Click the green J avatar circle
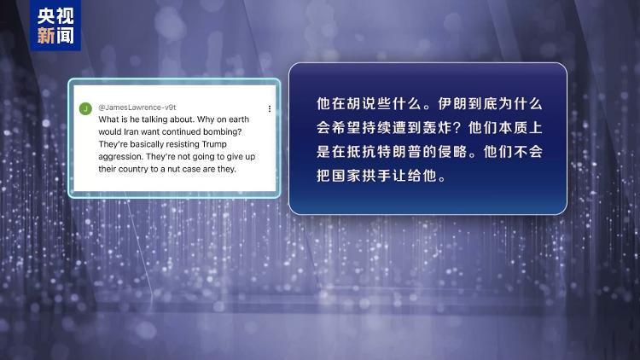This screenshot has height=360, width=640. (85, 108)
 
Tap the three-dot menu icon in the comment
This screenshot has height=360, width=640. (270, 108)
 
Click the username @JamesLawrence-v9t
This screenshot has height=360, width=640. (137, 107)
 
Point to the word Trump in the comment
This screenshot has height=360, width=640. (214, 144)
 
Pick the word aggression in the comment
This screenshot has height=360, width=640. (121, 157)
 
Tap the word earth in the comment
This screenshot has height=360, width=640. (238, 119)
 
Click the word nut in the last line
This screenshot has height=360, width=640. (173, 169)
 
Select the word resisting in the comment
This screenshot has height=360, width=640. (183, 144)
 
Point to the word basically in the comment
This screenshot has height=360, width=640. (147, 144)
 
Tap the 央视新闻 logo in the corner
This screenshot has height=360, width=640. (55, 26)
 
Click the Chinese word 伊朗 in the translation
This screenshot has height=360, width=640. (452, 104)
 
